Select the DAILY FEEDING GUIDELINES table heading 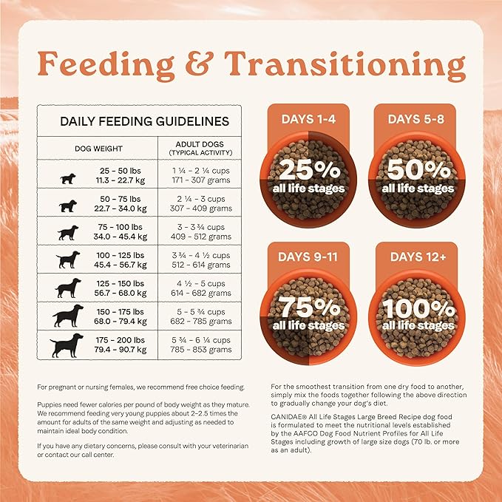coord(143,121)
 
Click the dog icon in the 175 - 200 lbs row coord(67,345)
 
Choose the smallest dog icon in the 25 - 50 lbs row coord(67,178)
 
